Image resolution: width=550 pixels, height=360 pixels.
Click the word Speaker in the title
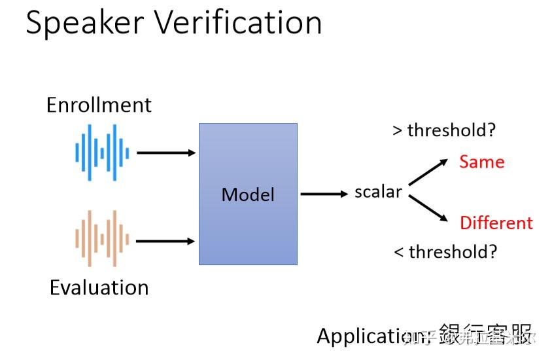[x=84, y=23]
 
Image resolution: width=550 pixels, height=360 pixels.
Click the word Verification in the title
[x=239, y=23]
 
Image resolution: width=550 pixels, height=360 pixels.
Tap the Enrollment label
[x=99, y=105]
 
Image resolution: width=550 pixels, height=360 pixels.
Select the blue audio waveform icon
[x=102, y=153]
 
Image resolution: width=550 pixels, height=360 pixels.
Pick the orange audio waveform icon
[x=102, y=239]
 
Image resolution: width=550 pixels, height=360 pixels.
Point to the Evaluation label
[x=99, y=287]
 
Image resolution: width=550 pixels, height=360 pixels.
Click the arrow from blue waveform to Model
[x=166, y=153]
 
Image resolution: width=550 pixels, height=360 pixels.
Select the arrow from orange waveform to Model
[x=166, y=241]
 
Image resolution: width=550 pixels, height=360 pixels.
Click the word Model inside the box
[x=248, y=194]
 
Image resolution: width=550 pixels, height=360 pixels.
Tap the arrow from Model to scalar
[x=324, y=193]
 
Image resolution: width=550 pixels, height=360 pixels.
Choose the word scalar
[x=377, y=192]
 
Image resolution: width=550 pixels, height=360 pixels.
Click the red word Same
[x=482, y=162]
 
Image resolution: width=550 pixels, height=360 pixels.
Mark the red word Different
[x=496, y=223]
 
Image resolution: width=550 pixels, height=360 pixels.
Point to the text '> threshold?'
[x=444, y=130]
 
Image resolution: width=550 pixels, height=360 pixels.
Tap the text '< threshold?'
[x=445, y=251]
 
